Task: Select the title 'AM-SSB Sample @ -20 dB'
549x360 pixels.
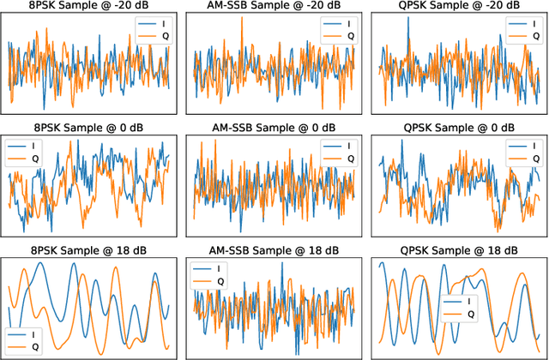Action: tap(274, 7)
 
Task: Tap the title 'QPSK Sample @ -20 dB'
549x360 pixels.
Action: tap(458, 7)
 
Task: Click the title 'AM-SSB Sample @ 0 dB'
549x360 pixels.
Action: tap(274, 128)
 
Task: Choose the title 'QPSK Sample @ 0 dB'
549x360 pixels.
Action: tap(458, 128)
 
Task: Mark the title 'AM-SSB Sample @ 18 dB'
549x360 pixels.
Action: tap(274, 249)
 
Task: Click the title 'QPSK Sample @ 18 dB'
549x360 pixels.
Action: tap(458, 249)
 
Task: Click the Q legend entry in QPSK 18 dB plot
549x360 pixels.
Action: tap(464, 315)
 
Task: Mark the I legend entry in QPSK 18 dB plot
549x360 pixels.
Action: tap(464, 302)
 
